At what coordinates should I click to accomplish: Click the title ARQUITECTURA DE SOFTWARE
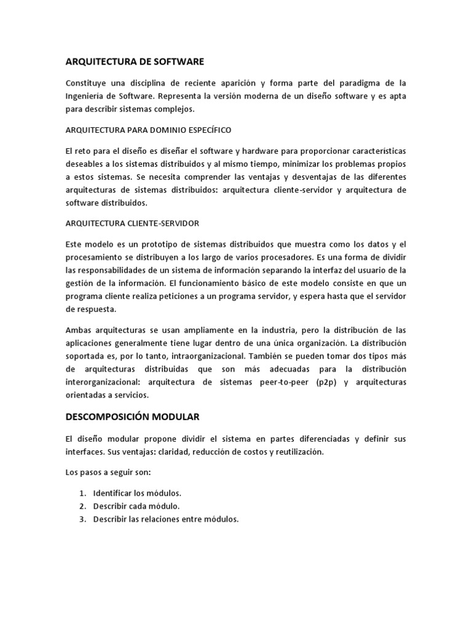click(x=134, y=62)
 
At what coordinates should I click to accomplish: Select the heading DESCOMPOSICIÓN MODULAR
click(x=132, y=417)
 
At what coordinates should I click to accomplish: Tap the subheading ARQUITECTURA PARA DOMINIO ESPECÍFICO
click(x=148, y=130)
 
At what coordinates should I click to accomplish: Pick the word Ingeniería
click(x=88, y=96)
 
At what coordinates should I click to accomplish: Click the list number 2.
click(x=82, y=506)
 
